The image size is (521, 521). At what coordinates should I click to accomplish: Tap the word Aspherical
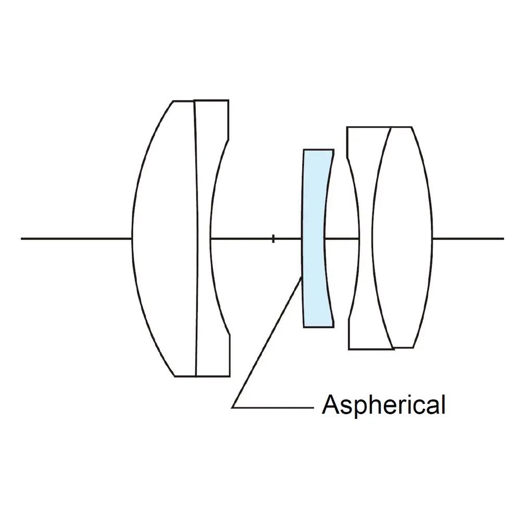(x=383, y=405)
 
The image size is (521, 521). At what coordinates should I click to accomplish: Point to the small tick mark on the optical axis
(x=273, y=239)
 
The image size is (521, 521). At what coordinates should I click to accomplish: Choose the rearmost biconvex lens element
(x=404, y=239)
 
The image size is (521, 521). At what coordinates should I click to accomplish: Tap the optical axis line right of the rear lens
(x=469, y=239)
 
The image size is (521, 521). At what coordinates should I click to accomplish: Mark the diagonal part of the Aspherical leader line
(x=267, y=342)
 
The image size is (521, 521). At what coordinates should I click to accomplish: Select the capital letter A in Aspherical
(x=329, y=405)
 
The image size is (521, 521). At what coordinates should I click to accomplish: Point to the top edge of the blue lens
(x=318, y=150)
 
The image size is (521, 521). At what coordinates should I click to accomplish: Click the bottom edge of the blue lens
(x=318, y=327)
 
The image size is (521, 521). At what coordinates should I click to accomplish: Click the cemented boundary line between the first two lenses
(x=196, y=239)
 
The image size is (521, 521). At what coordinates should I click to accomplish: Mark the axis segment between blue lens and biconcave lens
(x=342, y=239)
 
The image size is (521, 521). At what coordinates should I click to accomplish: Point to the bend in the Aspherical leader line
(x=232, y=407)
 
